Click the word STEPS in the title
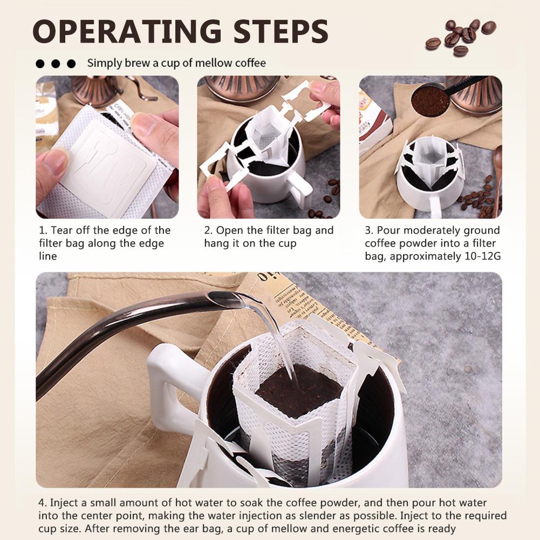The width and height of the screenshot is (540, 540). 281,31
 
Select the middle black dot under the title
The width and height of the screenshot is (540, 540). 56,64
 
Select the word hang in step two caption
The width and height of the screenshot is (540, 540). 217,243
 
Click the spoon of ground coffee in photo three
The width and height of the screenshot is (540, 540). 430,99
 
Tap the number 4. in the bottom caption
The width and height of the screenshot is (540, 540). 43,503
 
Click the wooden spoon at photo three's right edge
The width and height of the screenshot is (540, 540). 497,179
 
